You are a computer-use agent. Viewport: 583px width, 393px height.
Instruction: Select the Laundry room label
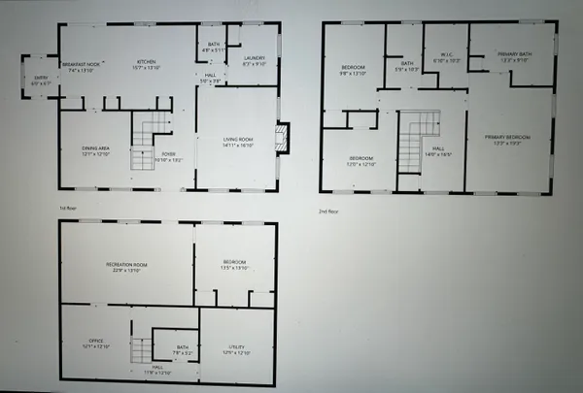point(254,58)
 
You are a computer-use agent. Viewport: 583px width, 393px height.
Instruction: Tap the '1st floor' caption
point(67,207)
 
